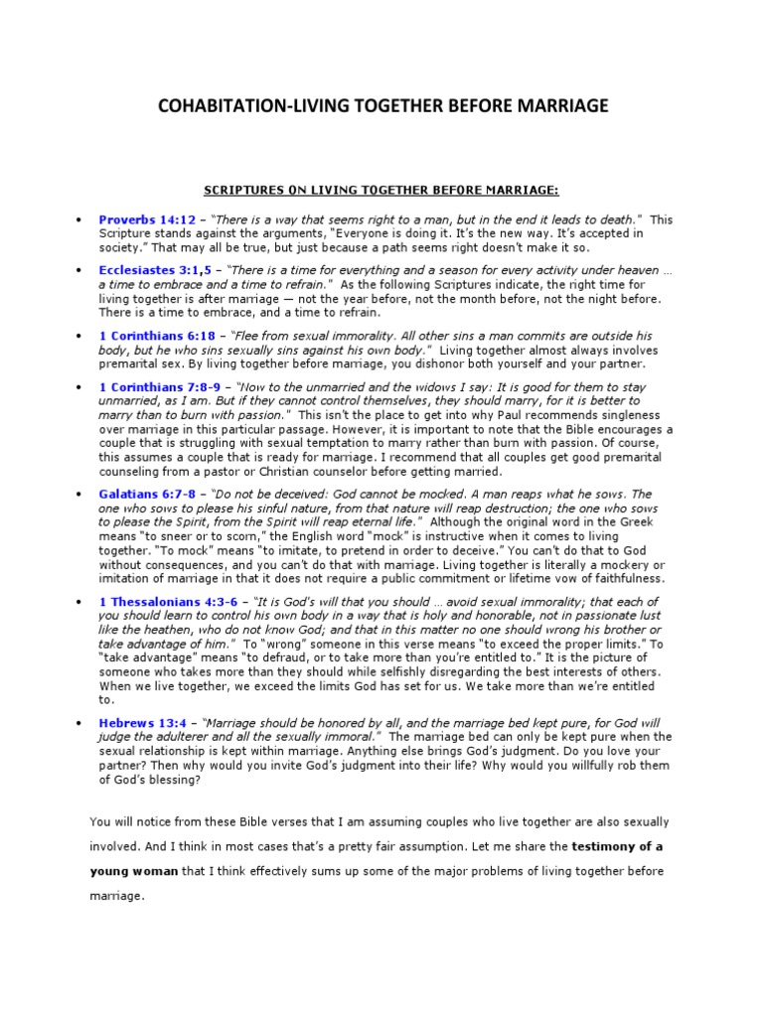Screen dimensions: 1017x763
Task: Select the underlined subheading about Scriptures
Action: pos(381,190)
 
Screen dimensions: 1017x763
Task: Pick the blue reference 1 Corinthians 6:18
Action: pos(157,336)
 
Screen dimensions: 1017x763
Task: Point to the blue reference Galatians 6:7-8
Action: pos(148,494)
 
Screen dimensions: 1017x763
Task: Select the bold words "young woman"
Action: pos(133,871)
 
